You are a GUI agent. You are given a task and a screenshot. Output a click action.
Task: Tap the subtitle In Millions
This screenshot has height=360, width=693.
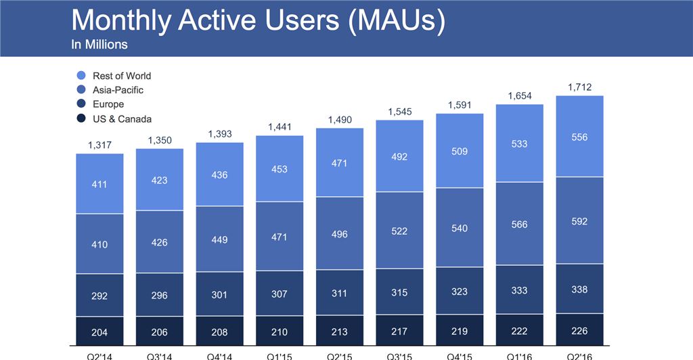(99, 45)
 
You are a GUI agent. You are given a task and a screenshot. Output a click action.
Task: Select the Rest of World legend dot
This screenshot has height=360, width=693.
(81, 76)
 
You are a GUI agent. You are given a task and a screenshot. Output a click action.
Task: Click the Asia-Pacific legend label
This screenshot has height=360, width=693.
(118, 90)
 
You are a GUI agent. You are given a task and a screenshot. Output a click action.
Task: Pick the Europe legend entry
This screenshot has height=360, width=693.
(108, 104)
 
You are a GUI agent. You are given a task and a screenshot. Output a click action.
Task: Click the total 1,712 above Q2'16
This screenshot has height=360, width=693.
(579, 87)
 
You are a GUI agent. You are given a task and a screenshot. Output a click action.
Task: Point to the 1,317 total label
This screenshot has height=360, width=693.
(99, 145)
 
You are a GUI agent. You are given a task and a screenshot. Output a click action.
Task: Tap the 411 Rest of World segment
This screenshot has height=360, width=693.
(99, 183)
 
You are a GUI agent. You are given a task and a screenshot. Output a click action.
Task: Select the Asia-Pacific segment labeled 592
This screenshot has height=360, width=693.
(579, 221)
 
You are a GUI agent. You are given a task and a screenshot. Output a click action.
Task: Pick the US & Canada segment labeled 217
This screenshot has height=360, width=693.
(399, 332)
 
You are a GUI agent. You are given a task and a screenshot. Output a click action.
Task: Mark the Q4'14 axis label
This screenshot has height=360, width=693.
(219, 355)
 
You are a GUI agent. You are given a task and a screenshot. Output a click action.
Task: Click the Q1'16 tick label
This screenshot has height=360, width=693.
(519, 355)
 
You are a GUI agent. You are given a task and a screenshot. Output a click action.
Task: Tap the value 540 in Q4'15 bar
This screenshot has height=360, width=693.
(460, 228)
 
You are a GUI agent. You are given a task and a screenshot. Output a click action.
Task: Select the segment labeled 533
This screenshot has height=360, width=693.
(519, 143)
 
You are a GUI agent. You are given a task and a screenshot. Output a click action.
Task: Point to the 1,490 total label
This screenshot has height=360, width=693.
(340, 119)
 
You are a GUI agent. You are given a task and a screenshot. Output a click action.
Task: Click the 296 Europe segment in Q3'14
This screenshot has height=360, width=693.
(160, 295)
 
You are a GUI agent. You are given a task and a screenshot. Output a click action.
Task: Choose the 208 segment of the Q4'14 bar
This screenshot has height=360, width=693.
(219, 332)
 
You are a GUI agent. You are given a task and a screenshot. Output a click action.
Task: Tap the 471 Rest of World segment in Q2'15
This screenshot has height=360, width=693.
(340, 163)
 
